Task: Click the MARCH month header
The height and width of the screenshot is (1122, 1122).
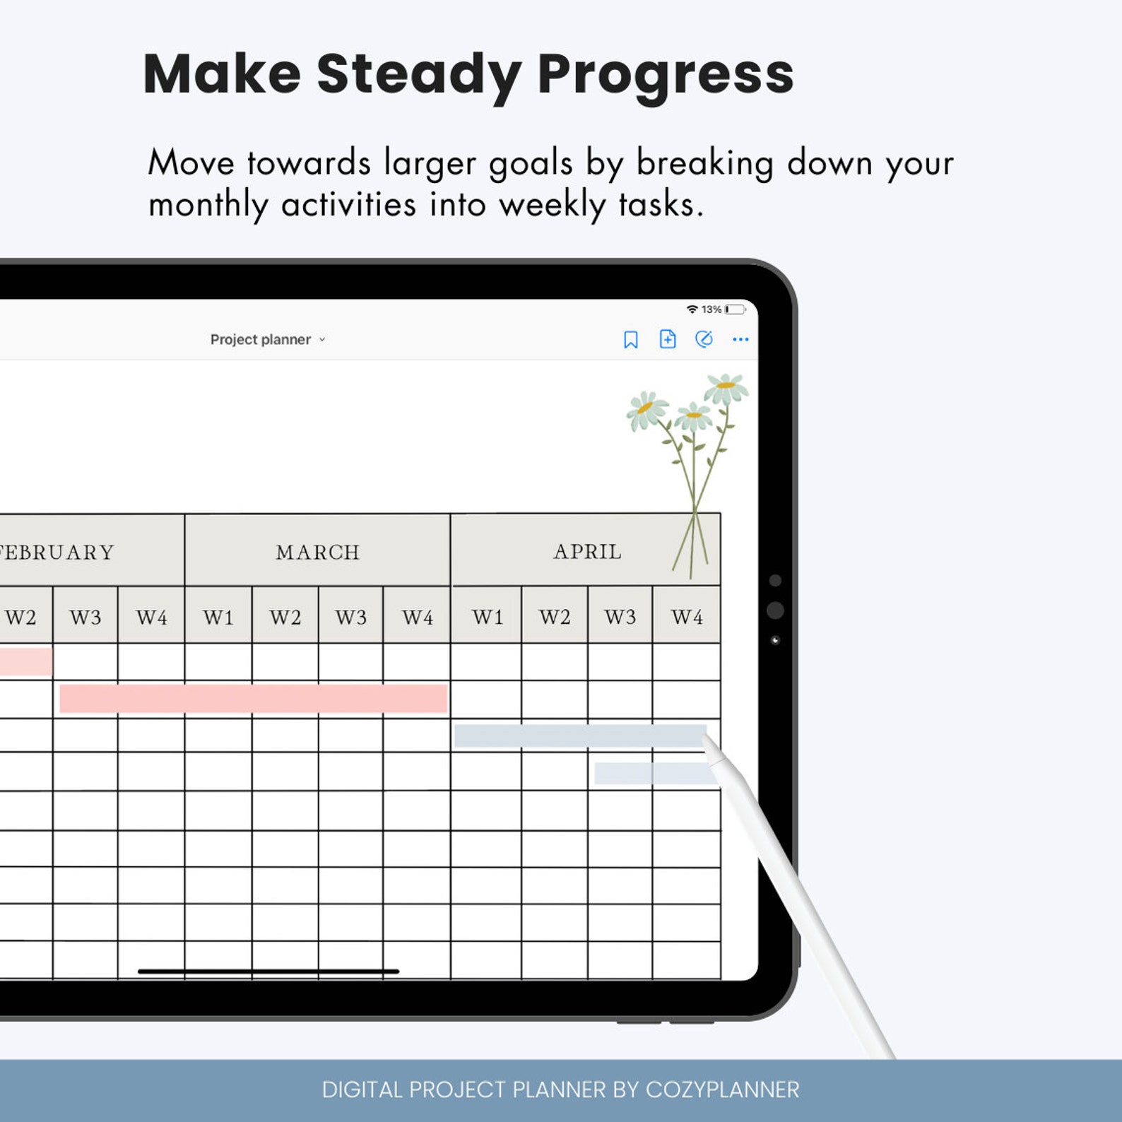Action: point(317,552)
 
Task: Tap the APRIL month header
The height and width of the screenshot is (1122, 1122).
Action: point(587,551)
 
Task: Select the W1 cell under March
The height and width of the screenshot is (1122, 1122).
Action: point(218,617)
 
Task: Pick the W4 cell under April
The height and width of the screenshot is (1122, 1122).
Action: point(687,617)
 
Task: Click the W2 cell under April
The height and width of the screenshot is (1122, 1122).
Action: point(555,617)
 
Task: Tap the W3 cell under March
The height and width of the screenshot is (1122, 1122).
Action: point(350,617)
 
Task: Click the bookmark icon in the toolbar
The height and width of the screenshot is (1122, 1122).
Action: point(630,340)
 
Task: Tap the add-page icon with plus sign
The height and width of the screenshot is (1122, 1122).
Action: point(667,339)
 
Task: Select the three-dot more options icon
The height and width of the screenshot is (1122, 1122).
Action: point(740,340)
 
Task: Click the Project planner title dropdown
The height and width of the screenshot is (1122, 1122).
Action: point(268,340)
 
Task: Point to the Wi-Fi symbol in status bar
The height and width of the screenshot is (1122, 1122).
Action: point(692,309)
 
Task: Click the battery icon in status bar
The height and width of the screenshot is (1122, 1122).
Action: point(735,309)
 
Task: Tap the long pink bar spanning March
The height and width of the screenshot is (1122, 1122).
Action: point(253,698)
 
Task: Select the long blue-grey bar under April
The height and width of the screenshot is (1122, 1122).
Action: point(579,736)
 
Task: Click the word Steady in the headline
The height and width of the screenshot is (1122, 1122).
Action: point(418,74)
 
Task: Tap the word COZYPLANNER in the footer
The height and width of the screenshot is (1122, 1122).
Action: point(722,1089)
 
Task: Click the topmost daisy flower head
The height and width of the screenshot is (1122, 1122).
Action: point(726,386)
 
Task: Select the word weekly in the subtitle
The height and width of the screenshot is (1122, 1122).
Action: point(552,206)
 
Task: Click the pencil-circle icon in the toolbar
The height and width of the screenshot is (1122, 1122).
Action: point(704,340)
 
